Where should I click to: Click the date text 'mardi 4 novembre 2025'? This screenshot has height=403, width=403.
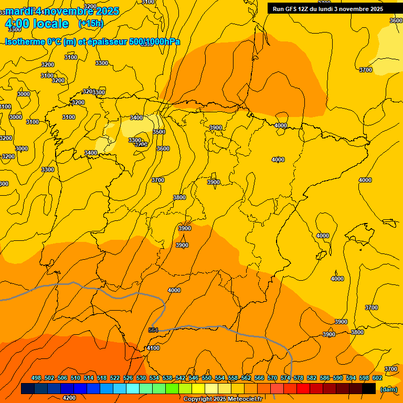[x=62, y=11]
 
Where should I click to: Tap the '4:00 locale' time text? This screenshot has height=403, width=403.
[x=37, y=24]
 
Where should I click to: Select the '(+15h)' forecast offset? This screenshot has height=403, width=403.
[x=91, y=24]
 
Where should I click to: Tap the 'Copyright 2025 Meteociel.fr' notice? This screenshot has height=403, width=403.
[x=222, y=399]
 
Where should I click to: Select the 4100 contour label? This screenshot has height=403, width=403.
[x=153, y=348]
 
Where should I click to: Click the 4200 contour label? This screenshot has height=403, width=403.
[x=69, y=398]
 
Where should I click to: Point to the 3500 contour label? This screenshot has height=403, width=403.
[x=158, y=132]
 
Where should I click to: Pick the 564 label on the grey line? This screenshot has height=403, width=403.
[x=153, y=330]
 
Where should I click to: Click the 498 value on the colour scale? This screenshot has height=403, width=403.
[x=36, y=378]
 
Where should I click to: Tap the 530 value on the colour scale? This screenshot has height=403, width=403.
[x=141, y=378]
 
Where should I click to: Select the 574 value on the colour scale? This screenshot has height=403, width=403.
[x=285, y=378]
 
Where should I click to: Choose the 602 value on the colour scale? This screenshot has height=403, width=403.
[x=377, y=378]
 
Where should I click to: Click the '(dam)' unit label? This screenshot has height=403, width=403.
[x=389, y=389]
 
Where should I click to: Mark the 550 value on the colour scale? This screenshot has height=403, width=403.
[x=207, y=378]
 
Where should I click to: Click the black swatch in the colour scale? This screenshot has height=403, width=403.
[x=369, y=388]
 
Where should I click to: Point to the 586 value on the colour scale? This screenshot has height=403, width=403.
[x=325, y=378]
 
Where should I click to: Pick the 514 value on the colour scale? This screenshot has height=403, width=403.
[x=89, y=378]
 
